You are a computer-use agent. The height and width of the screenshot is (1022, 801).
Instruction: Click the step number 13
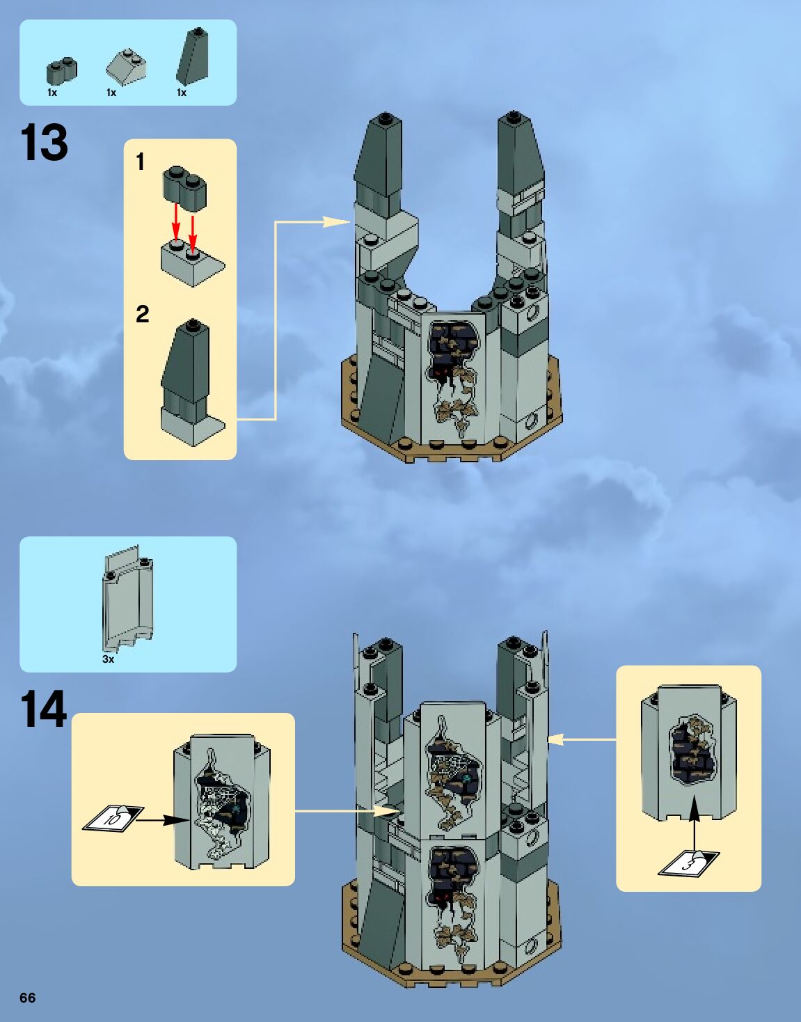pos(45,143)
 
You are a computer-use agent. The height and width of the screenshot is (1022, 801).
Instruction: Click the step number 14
pos(44,709)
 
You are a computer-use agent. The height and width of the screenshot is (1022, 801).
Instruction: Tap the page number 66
pos(27,998)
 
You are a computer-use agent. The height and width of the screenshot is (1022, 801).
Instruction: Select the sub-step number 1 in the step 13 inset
pos(141,162)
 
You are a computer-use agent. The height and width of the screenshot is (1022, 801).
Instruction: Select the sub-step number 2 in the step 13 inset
pos(142,314)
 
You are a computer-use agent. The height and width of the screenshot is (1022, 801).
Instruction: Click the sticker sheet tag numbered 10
pos(113,818)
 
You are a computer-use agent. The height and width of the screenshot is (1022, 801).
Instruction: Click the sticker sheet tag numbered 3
pos(689,864)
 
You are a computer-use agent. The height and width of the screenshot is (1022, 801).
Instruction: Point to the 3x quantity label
pos(108,659)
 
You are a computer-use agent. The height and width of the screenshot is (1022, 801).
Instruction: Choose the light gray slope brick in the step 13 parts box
pos(126,67)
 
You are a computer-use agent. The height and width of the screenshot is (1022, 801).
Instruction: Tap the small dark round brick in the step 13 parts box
pos(61,70)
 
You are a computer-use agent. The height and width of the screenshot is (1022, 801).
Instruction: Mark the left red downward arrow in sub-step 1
pos(176,221)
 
